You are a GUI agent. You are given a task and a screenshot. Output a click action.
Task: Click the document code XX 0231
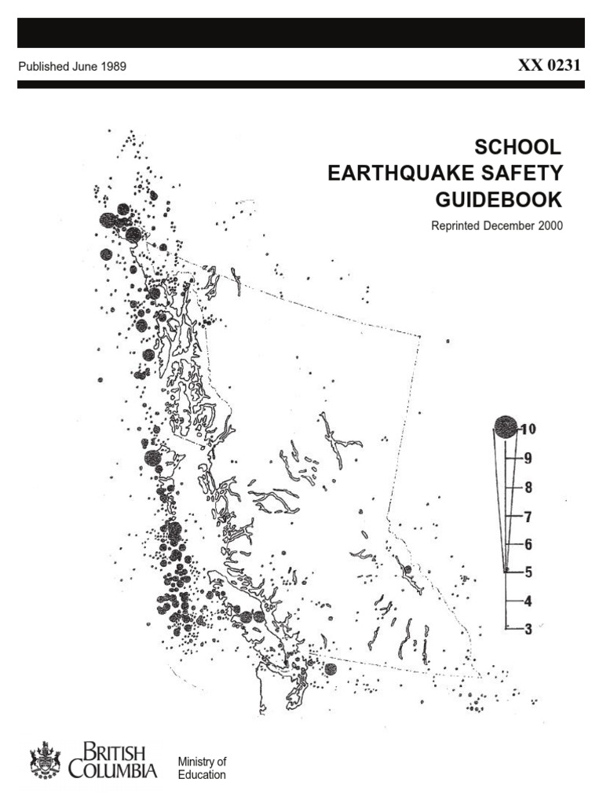pyautogui.click(x=549, y=66)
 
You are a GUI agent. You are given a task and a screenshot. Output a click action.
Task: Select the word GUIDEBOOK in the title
pyautogui.click(x=499, y=199)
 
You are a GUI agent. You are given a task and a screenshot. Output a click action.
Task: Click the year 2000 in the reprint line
pyautogui.click(x=548, y=226)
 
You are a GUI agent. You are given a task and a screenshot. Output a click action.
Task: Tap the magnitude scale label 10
pyautogui.click(x=527, y=429)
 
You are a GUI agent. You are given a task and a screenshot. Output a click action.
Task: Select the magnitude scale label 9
pyautogui.click(x=528, y=458)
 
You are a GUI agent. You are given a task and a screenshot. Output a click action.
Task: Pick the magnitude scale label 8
pyautogui.click(x=528, y=487)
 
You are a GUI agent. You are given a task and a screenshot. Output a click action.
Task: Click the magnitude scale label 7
pyautogui.click(x=528, y=516)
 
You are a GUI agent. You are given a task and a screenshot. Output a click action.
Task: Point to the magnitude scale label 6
pyautogui.click(x=528, y=544)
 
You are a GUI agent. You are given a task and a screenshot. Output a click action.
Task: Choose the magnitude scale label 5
pyautogui.click(x=528, y=572)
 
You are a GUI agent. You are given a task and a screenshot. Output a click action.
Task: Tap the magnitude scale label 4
pyautogui.click(x=528, y=601)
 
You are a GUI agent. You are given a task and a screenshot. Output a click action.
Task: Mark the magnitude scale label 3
pyautogui.click(x=528, y=628)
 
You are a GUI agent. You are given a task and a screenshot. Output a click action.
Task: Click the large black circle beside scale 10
pyautogui.click(x=505, y=427)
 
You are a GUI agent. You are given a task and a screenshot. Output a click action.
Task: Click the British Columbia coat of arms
pyautogui.click(x=45, y=761)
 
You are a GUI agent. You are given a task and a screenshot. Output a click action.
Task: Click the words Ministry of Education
pyautogui.click(x=202, y=768)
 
